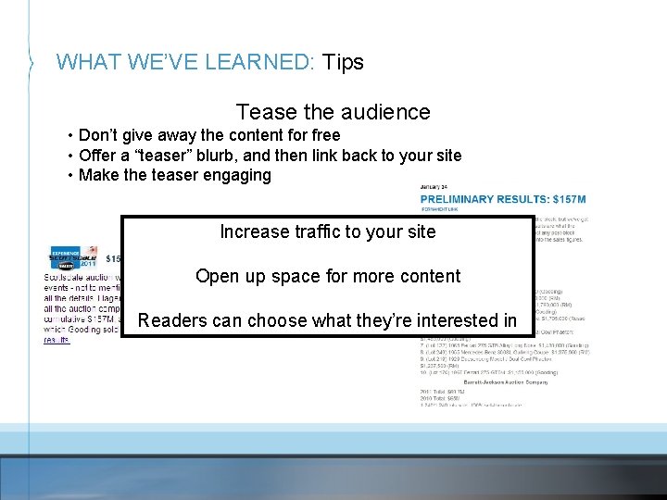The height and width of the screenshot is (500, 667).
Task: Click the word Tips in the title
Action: click(x=343, y=62)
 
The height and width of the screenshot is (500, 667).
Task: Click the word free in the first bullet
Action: click(x=324, y=135)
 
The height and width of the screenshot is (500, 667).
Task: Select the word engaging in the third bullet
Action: click(x=238, y=175)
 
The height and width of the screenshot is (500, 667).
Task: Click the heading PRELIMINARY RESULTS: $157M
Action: click(x=503, y=200)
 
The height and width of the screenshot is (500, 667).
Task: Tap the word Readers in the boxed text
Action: click(x=171, y=320)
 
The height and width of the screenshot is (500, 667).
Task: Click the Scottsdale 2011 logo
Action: click(x=74, y=258)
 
